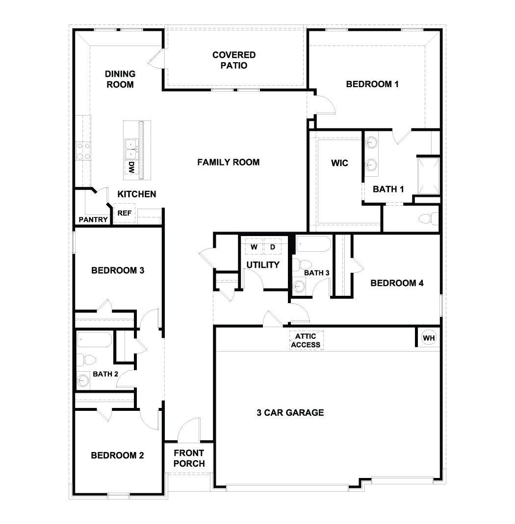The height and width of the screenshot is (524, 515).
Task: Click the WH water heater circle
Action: point(428,338)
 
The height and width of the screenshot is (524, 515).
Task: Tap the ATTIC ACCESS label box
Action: point(306,340)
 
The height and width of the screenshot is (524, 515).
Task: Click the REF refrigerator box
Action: point(124,214)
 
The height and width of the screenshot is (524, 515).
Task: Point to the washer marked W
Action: point(254,247)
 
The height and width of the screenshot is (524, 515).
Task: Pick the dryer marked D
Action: point(273,247)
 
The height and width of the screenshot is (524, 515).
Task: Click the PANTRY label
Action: point(93,220)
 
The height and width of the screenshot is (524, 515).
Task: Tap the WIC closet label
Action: point(339,163)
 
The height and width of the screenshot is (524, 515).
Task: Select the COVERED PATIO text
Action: point(233,60)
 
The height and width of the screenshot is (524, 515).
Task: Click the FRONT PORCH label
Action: point(189,458)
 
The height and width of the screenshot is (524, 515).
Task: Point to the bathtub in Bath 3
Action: point(313,244)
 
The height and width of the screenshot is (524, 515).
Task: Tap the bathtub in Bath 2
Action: point(94,339)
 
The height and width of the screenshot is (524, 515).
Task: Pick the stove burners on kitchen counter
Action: point(82,151)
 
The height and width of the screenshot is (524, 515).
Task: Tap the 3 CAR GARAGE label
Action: point(290,413)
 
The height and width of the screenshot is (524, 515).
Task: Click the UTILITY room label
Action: point(263,265)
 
